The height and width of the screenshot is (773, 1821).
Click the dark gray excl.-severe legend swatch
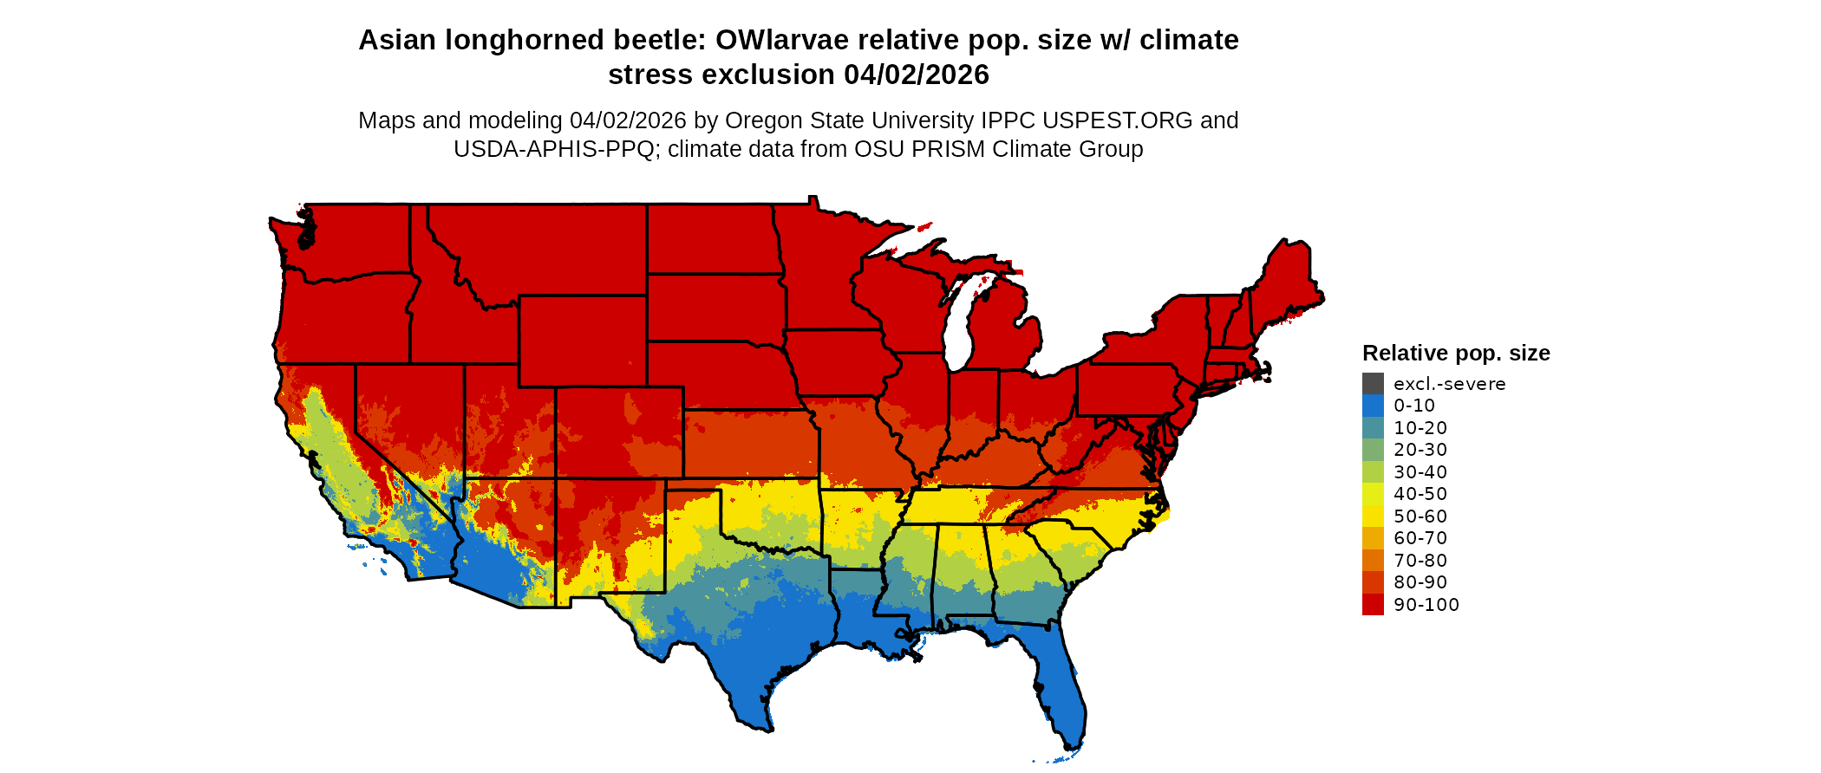pyautogui.click(x=1373, y=384)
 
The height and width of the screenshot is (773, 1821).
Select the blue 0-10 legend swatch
pyautogui.click(x=1373, y=406)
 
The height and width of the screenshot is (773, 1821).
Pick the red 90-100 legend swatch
pyautogui.click(x=1373, y=605)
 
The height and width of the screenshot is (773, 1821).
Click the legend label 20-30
pyautogui.click(x=1420, y=450)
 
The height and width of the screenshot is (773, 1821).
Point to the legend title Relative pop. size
pyautogui.click(x=1456, y=354)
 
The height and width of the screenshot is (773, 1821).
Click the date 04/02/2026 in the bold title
pyautogui.click(x=917, y=75)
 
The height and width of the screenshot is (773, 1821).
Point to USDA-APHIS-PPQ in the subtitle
pyautogui.click(x=553, y=149)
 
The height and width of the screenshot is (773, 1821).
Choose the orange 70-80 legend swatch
pyautogui.click(x=1373, y=561)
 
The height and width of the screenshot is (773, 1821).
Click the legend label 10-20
pyautogui.click(x=1420, y=428)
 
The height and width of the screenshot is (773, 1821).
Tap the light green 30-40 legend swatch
pyautogui.click(x=1373, y=472)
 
